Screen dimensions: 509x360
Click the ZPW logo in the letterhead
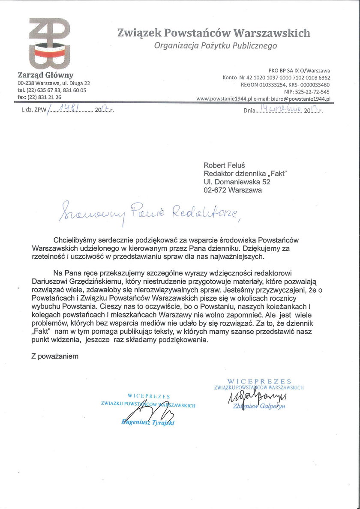pos(49,43)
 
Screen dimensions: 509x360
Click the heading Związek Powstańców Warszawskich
pos(213,33)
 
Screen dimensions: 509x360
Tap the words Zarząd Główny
pos(45,75)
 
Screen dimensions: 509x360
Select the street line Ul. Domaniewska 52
pos(237,182)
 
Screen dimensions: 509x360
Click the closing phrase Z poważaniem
pos(55,356)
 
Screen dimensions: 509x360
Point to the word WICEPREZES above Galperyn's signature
pos(259,381)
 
